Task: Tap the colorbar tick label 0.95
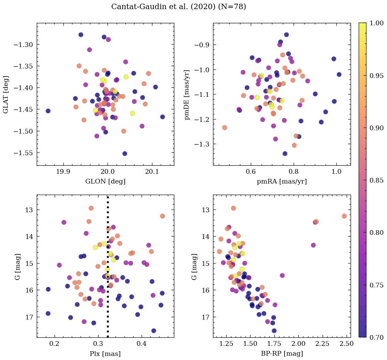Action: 376,76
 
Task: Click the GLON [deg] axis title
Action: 106,182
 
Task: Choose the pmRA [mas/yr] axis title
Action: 282,182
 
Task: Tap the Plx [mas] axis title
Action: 106,354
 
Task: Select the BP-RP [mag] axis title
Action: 282,354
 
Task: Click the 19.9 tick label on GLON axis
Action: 63,172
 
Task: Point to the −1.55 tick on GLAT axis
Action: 24,153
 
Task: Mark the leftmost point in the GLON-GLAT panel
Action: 48,111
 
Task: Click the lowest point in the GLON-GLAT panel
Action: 125,154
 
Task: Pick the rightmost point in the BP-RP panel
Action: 344,216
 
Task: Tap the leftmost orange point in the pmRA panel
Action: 225,128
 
